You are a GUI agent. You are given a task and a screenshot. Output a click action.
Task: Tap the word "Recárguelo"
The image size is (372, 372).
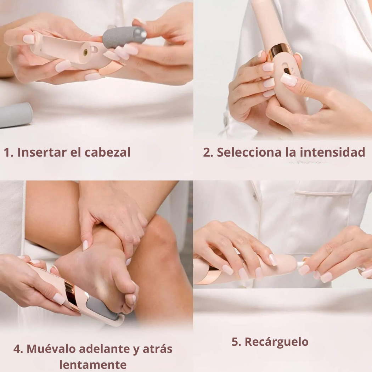click(276, 342)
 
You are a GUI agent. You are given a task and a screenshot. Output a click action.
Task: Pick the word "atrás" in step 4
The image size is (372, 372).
click(157, 349)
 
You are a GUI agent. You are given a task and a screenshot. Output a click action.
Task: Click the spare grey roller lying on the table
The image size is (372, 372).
click(16, 115)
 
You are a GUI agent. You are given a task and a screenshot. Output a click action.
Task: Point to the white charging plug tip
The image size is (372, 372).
click(300, 264)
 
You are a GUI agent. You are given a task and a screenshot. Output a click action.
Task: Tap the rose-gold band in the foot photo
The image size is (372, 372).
click(72, 295)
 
